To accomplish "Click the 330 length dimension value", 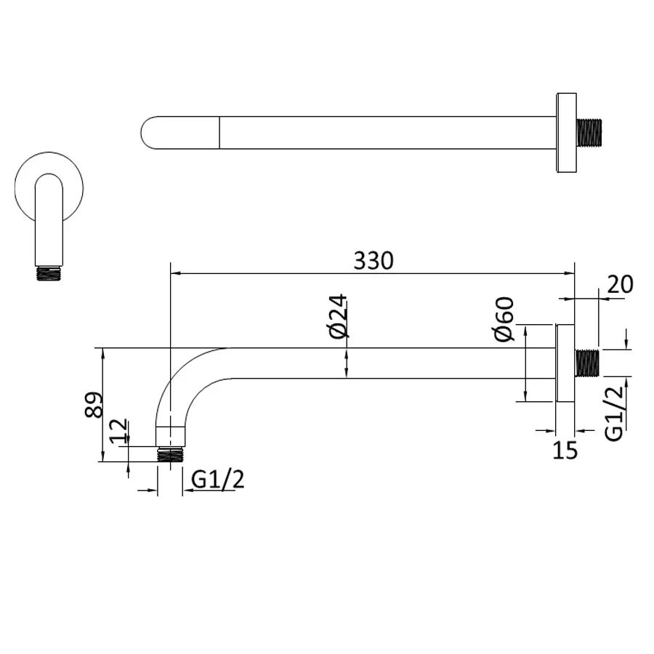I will (x=374, y=260).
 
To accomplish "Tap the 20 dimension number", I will (x=620, y=284).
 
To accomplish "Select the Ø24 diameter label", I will (x=339, y=317).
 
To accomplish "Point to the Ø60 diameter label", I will (x=504, y=320).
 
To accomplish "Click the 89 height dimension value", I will (x=94, y=404).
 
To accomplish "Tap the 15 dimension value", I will (x=565, y=450).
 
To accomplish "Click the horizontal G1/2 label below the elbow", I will (x=218, y=479).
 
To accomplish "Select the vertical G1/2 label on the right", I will (x=615, y=413).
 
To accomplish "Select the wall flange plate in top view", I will (x=566, y=133).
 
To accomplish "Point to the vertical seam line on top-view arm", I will (x=219, y=133).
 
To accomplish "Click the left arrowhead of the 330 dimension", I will (x=174, y=274).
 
